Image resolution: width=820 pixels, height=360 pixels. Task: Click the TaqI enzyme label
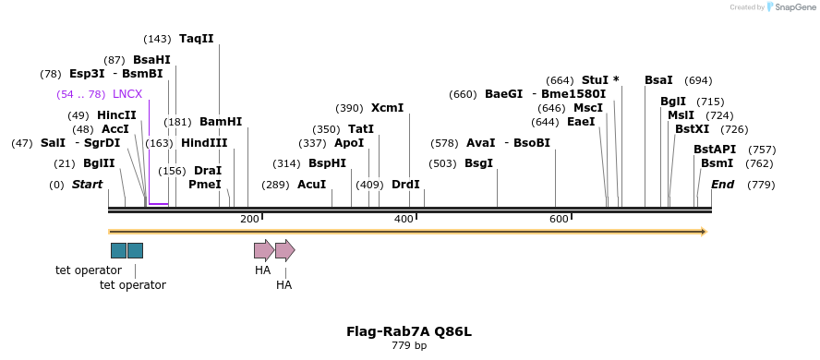click(x=196, y=39)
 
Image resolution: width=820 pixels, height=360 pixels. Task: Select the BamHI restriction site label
click(x=221, y=122)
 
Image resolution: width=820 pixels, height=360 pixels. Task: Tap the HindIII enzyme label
click(x=204, y=143)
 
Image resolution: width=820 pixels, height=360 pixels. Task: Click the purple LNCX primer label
click(x=127, y=94)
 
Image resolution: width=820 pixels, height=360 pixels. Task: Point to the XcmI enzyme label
click(x=387, y=108)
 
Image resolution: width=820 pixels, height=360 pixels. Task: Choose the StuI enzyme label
click(x=596, y=80)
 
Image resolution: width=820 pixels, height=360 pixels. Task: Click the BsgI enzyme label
click(x=478, y=163)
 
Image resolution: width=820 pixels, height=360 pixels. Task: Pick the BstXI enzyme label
click(x=692, y=129)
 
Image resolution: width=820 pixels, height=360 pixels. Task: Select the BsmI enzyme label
click(x=717, y=163)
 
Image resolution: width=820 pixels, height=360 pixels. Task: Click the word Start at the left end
click(x=88, y=185)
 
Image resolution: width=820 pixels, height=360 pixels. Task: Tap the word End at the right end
click(x=722, y=185)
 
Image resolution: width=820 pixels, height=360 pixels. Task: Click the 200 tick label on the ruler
click(x=249, y=219)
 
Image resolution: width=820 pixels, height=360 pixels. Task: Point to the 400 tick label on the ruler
click(x=404, y=219)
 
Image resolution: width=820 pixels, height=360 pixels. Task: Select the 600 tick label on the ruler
click(x=559, y=219)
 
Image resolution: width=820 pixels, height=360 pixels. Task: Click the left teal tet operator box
click(x=118, y=250)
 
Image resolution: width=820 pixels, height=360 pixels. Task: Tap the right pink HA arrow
click(x=285, y=250)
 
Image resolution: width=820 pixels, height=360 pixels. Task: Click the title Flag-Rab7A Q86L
click(x=409, y=331)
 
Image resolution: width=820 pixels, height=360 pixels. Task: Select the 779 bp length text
click(x=409, y=346)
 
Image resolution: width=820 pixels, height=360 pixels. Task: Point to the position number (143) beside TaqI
click(x=157, y=39)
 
